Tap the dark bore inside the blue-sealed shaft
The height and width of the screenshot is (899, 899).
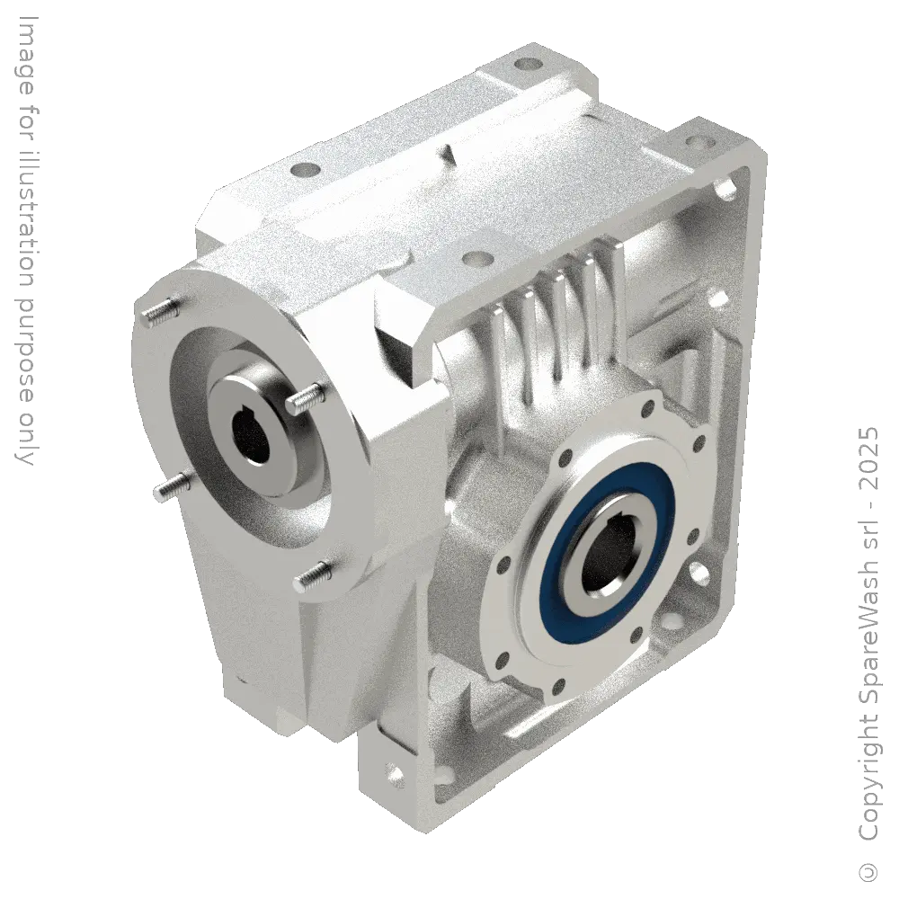(x=607, y=562)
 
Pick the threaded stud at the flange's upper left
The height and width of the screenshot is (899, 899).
(x=159, y=311)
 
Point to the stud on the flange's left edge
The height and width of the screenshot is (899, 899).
(x=168, y=486)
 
